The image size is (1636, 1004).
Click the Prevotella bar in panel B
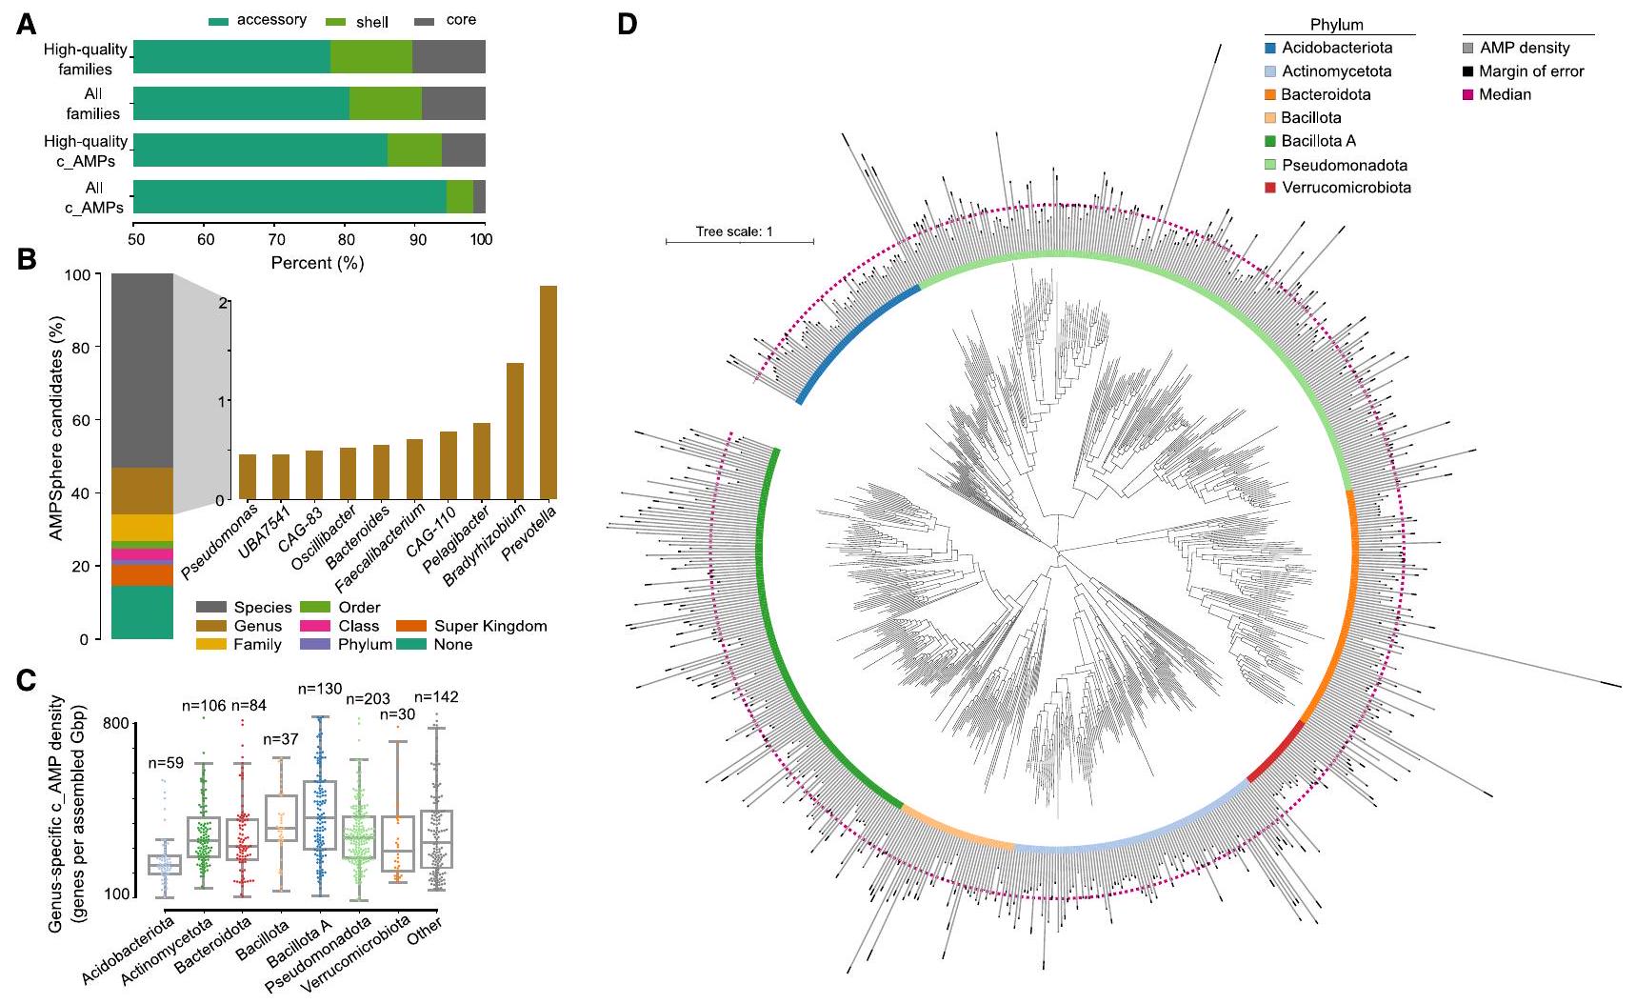[548, 392]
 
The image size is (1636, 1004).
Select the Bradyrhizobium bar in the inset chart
[514, 431]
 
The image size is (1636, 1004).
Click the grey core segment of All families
[453, 103]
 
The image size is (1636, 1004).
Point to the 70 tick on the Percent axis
[275, 239]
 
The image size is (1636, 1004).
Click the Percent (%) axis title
[317, 263]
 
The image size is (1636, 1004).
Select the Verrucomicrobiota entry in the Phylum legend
[1346, 188]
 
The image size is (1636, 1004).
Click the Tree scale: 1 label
[734, 231]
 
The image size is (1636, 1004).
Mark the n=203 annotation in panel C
[368, 699]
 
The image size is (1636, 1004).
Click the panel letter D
[627, 25]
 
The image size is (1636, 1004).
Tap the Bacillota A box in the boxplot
[319, 815]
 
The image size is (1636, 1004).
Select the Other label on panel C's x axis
[425, 932]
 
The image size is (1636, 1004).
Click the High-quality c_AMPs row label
[86, 151]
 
